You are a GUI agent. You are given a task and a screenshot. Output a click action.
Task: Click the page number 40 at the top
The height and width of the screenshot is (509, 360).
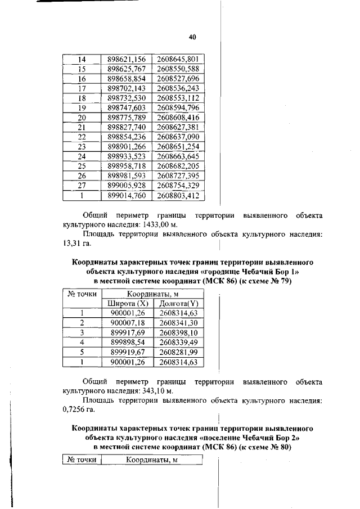[192, 37]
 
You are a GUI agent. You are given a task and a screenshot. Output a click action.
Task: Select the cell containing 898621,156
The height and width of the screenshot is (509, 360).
[127, 59]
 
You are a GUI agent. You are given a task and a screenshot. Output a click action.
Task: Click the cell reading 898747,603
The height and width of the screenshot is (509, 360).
[127, 108]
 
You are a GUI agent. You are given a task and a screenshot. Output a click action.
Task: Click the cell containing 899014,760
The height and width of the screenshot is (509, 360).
[127, 196]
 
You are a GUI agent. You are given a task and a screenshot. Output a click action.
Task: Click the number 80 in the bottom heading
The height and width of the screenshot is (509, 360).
[282, 447]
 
